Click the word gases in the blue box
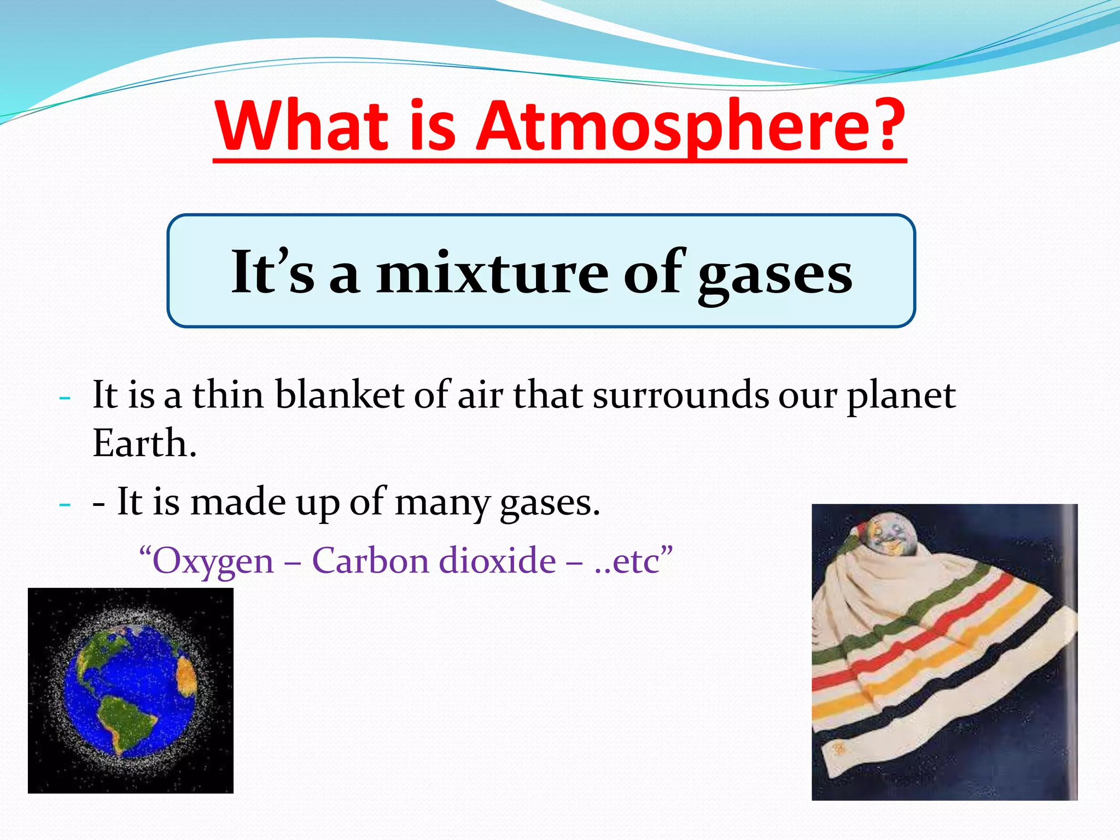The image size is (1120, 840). coord(775,273)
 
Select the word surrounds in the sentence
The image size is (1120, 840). coord(681,395)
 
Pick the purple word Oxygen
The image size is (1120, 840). coord(213,561)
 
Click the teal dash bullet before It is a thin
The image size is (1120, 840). coord(65,398)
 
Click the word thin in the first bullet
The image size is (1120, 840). coord(227,395)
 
